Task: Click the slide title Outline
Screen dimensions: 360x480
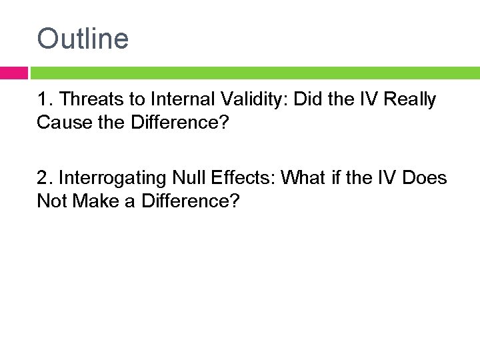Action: pyautogui.click(x=83, y=39)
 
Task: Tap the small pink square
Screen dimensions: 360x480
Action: pyautogui.click(x=13, y=73)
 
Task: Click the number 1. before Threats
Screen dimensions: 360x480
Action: pyautogui.click(x=45, y=100)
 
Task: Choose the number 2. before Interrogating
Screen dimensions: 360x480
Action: pyautogui.click(x=45, y=178)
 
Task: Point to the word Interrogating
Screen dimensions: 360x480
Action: pyautogui.click(x=113, y=179)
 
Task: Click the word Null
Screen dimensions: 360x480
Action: pyautogui.click(x=191, y=178)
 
